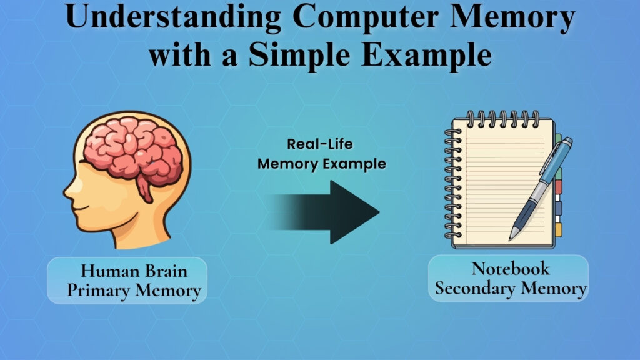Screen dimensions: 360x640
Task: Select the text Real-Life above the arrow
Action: pyautogui.click(x=320, y=144)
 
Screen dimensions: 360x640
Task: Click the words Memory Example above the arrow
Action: pyautogui.click(x=321, y=164)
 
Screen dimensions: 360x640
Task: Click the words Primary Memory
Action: pyautogui.click(x=134, y=291)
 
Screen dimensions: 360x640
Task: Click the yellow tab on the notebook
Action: pyautogui.click(x=558, y=229)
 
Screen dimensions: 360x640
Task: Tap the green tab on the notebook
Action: pyautogui.click(x=559, y=173)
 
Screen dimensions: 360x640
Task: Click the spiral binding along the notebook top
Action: pyautogui.click(x=500, y=117)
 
